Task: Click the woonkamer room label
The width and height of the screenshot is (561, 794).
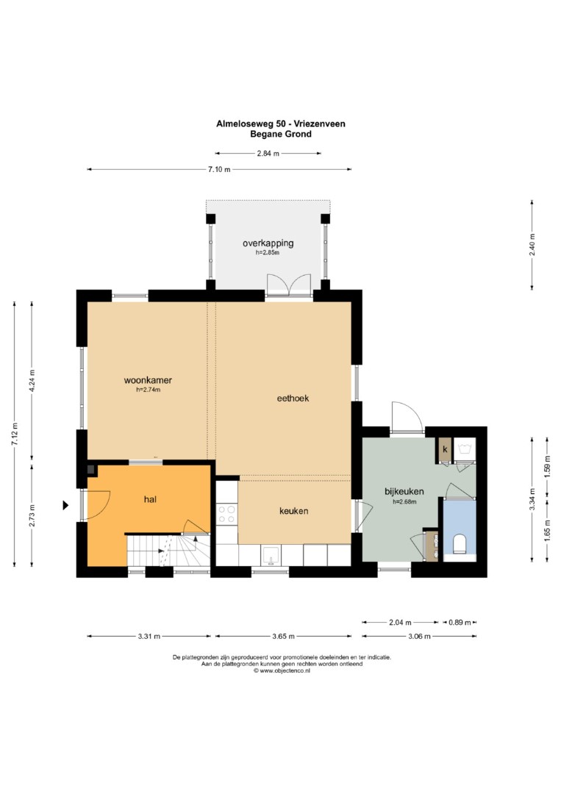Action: pos(148,380)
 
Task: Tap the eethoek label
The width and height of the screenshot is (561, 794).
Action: pos(293,398)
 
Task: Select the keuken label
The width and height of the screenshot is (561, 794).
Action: pos(293,511)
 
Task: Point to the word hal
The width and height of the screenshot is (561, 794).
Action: pos(150,499)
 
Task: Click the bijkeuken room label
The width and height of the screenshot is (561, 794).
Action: pos(404,491)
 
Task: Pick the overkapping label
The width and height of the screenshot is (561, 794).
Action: pos(268,243)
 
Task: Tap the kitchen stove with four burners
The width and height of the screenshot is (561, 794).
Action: pos(227,513)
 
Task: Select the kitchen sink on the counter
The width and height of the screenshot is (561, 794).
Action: pos(271,556)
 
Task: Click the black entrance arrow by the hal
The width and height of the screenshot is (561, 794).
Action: pos(65,505)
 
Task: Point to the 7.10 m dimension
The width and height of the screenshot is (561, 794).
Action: pos(219,170)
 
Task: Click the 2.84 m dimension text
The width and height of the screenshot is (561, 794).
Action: pos(268,154)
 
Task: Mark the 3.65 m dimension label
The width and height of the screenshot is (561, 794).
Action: pos(284,637)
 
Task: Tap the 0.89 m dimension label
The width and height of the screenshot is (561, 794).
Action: pos(460,623)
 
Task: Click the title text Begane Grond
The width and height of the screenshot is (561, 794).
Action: pos(281,135)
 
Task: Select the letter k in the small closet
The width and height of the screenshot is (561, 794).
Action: pos(445,449)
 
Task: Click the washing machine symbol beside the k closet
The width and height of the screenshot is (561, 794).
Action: pos(464,448)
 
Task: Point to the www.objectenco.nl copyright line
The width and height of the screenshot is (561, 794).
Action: pos(282,670)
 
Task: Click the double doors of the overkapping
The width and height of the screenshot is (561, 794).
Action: pos(289,285)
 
